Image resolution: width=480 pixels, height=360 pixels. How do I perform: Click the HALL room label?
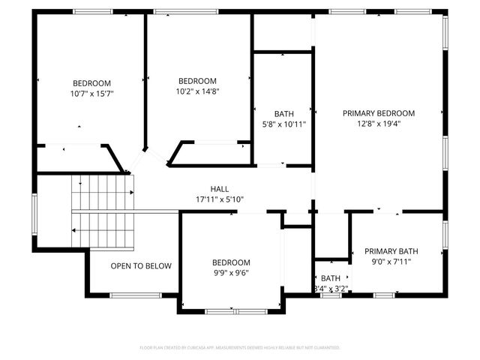tap(220, 189)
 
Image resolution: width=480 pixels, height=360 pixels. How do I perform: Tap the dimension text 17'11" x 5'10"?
tap(220, 199)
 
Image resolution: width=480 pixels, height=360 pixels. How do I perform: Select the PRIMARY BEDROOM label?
tap(379, 113)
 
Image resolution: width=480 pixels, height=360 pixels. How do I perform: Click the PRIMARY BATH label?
tap(391, 251)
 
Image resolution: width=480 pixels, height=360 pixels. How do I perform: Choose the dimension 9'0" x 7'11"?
tap(391, 262)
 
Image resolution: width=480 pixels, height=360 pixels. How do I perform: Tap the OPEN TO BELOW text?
tap(141, 266)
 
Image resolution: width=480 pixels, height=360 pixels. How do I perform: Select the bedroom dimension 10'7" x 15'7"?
tap(91, 94)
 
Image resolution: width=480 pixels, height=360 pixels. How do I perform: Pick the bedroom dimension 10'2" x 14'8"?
tap(197, 91)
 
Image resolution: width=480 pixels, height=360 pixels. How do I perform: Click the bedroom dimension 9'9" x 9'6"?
tap(231, 273)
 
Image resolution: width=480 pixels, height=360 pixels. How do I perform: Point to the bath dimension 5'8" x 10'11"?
tap(283, 124)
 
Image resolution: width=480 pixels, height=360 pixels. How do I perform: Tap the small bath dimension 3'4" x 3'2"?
tap(331, 288)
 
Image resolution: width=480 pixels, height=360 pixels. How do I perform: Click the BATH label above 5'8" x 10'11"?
tap(283, 113)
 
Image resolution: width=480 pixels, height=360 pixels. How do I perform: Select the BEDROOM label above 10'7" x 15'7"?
tap(91, 83)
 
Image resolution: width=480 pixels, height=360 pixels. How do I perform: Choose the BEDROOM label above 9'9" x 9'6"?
tap(231, 262)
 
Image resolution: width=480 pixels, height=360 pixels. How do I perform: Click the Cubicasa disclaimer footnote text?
tap(240, 348)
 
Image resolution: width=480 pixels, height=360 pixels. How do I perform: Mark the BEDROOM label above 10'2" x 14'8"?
tap(197, 81)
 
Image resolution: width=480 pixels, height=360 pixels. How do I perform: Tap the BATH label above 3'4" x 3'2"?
tap(331, 278)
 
